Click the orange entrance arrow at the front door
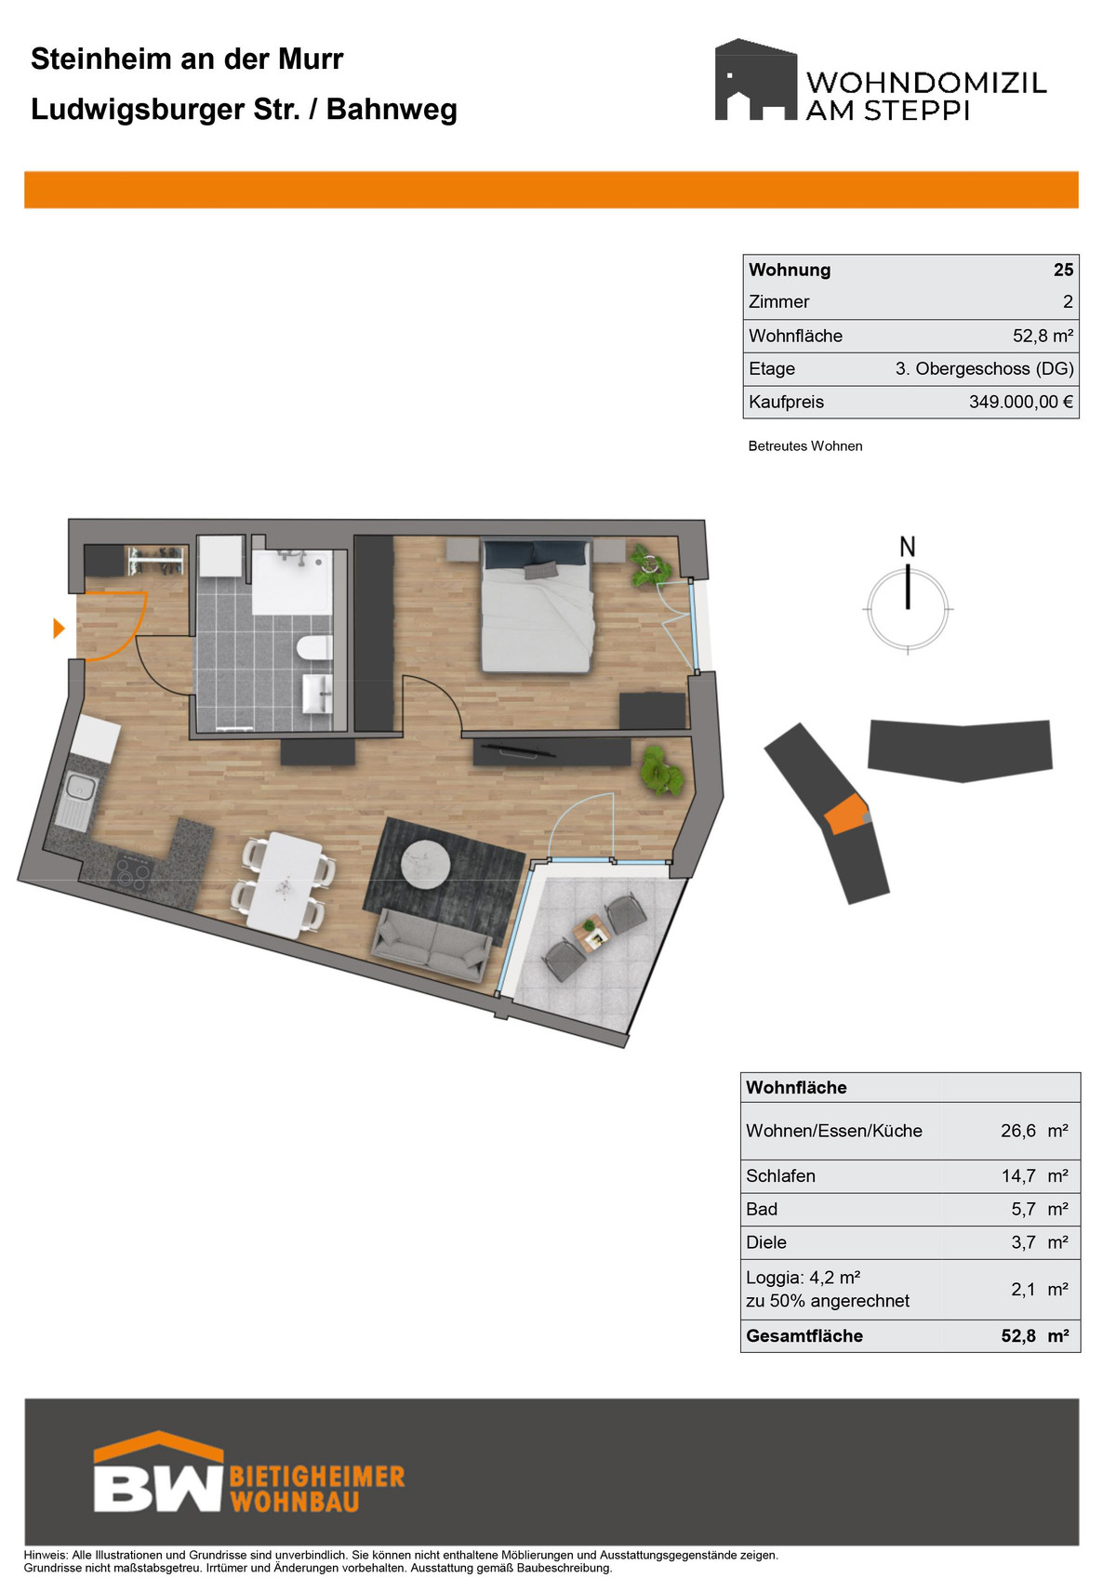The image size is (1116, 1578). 60,628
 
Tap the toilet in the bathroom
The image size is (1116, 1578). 313,648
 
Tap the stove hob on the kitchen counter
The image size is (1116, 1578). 132,876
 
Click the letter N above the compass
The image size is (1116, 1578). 908,547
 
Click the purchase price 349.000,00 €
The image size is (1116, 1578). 1021,402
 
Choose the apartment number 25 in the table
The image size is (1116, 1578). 1063,270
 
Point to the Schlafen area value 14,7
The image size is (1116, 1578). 1018,1175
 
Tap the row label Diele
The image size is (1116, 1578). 765,1242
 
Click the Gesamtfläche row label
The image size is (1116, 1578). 804,1335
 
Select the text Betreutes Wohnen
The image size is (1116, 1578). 805,446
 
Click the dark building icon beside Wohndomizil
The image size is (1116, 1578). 756,79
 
